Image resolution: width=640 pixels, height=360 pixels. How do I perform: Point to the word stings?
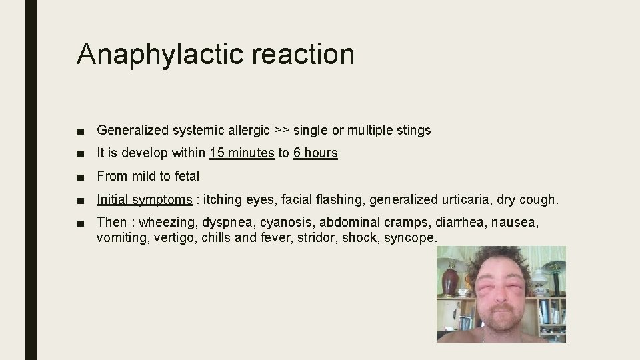(413, 130)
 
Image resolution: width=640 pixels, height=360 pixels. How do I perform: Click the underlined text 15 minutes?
(241, 153)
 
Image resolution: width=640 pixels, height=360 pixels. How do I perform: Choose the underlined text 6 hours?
(315, 153)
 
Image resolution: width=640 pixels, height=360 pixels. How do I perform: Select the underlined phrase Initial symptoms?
(144, 199)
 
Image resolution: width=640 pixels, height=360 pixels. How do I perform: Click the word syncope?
(410, 237)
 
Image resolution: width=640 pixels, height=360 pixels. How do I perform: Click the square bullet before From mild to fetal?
(81, 177)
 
